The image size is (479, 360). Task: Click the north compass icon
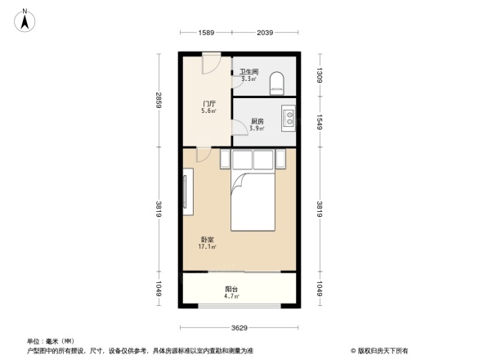26,18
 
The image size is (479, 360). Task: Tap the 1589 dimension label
205,34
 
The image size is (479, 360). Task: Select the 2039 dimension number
265,34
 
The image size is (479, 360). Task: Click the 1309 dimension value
320,76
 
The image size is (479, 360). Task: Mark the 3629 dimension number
239,327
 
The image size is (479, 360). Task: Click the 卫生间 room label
248,72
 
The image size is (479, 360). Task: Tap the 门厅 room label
209,104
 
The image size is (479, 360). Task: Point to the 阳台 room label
232,289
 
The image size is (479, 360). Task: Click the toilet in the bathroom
277,79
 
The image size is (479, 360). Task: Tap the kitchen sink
288,119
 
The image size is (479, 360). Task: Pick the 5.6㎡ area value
209,112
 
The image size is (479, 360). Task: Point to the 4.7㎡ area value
232,297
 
